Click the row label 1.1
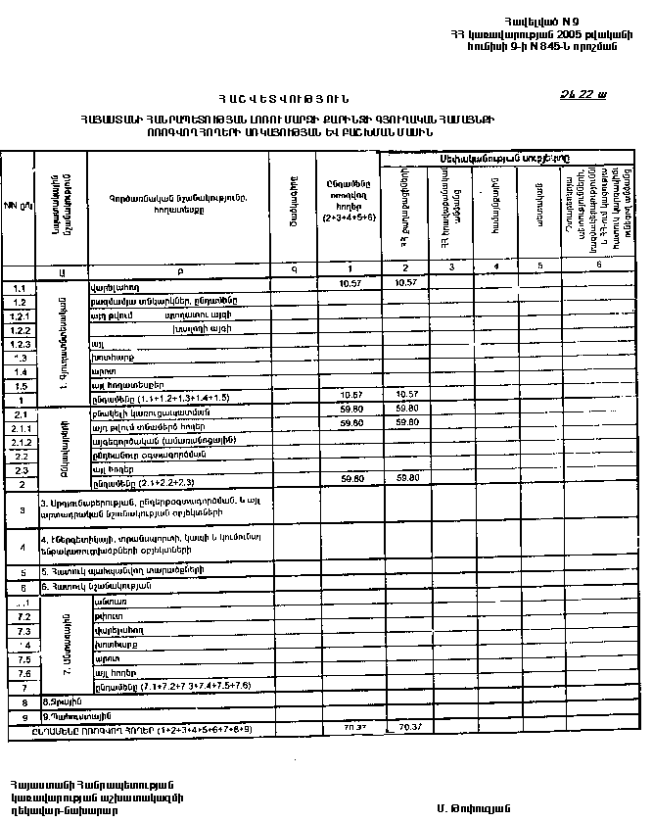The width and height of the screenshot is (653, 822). [x=19, y=289]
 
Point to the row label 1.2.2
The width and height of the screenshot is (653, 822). [x=19, y=331]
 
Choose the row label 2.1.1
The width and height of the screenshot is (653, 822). [x=19, y=429]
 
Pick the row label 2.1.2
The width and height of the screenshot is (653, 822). [x=19, y=443]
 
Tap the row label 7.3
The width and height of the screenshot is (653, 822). [x=19, y=632]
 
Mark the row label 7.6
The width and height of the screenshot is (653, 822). [x=19, y=673]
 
